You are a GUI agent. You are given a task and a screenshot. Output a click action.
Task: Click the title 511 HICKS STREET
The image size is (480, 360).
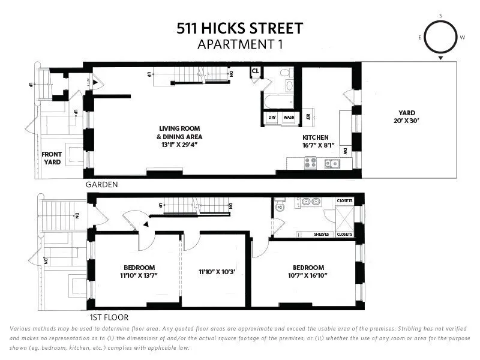click(239, 28)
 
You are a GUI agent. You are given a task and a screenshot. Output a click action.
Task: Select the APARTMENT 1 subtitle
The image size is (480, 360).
click(239, 43)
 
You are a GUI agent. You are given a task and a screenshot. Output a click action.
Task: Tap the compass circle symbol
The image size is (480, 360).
click(441, 37)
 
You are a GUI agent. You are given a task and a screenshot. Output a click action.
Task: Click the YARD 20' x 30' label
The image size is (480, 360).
click(407, 116)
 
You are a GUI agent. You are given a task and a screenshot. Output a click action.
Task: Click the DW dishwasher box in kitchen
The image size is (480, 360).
click(346, 152)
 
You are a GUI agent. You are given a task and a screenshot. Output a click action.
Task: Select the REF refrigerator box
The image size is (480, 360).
click(308, 117)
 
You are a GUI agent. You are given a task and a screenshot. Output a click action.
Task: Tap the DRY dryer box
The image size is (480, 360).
click(272, 118)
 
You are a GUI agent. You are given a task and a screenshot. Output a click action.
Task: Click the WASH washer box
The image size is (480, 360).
click(289, 118)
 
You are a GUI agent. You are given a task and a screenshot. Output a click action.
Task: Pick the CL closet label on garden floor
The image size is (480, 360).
click(255, 71)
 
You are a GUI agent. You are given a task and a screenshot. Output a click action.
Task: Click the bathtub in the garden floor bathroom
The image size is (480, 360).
click(277, 101)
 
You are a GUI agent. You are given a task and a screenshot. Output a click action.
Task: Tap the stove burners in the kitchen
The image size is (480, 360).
click(311, 161)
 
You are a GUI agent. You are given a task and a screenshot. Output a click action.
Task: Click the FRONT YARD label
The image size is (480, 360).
click(52, 158)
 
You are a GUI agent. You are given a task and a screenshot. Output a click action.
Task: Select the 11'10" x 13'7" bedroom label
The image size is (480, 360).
click(139, 272)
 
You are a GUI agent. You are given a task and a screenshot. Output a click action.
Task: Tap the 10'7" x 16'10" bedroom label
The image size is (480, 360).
click(308, 272)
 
